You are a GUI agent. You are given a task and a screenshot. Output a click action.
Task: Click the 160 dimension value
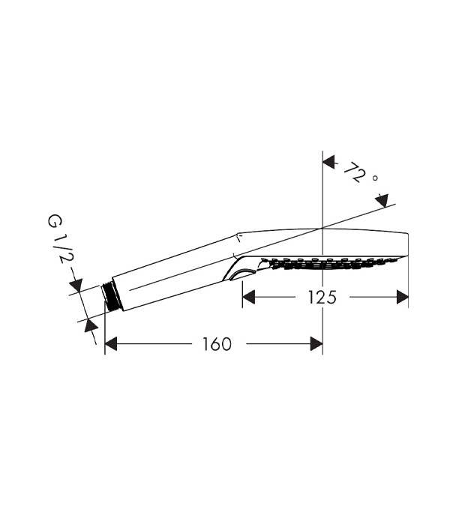[217, 344]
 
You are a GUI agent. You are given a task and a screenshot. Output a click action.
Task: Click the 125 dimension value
[322, 297]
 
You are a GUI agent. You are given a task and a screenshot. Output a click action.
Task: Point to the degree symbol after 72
[375, 178]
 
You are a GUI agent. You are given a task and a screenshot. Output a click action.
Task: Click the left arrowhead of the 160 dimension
[110, 344]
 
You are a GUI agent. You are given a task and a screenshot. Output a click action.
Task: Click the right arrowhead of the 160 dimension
[316, 344]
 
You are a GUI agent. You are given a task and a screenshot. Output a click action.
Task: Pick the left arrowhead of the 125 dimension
[248, 297]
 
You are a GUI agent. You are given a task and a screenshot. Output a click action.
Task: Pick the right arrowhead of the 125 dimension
[403, 297]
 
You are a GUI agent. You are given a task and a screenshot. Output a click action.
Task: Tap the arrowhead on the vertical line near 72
[328, 162]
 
